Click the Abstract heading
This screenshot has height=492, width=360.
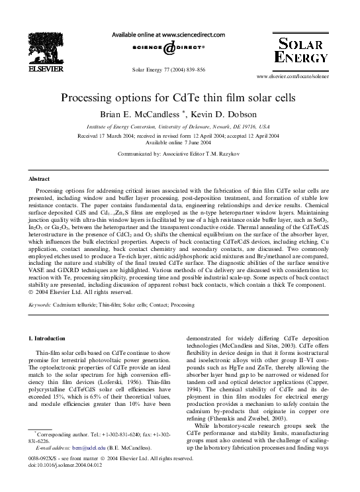[40, 179]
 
